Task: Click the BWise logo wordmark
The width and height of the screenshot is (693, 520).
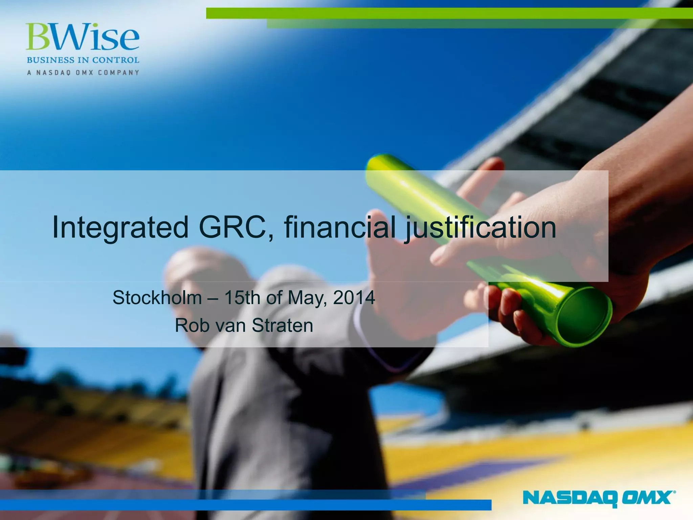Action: tap(83, 37)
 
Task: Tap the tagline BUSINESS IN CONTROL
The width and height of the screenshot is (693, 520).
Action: tap(83, 60)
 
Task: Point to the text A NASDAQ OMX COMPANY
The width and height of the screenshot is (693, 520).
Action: tap(83, 72)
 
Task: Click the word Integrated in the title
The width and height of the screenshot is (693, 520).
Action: tap(120, 227)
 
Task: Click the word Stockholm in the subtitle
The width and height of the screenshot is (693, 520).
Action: tap(157, 298)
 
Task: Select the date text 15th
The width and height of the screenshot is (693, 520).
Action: tap(242, 298)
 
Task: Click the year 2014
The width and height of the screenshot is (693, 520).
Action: tap(354, 298)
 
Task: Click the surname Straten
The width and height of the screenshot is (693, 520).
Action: tap(282, 325)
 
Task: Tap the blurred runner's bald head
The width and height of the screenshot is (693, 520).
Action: tap(196, 267)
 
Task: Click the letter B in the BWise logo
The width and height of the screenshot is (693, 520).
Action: tap(37, 37)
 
